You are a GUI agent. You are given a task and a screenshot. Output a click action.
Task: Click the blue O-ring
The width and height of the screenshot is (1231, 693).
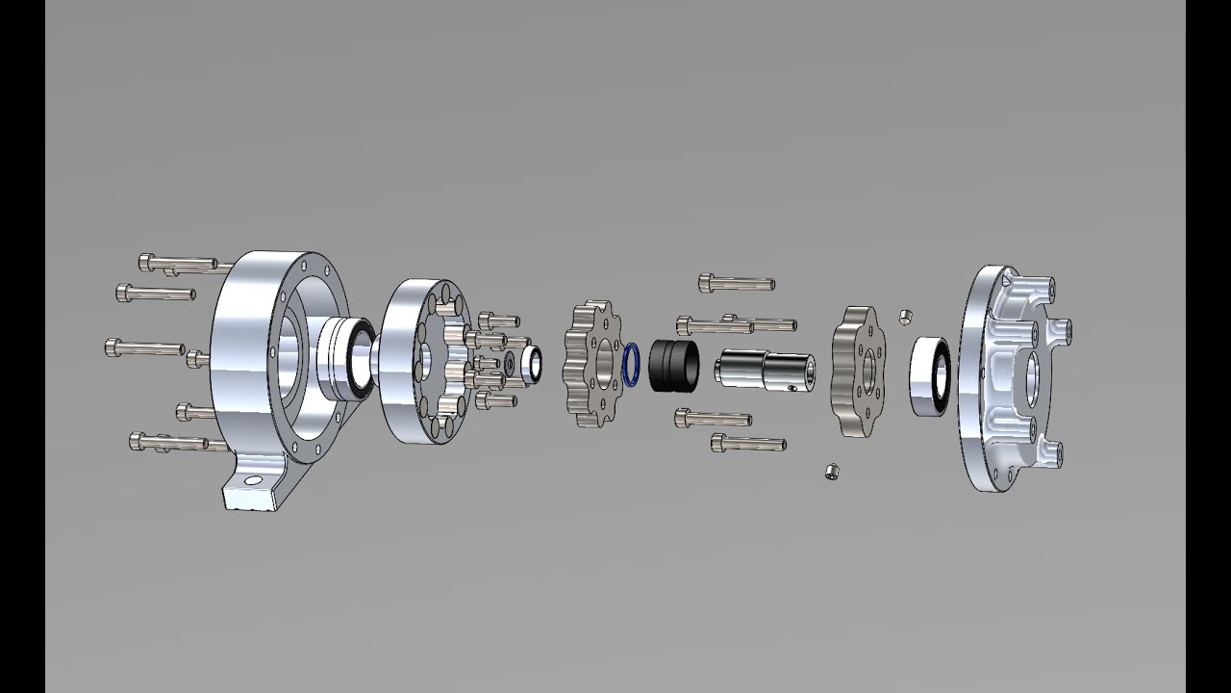point(631,365)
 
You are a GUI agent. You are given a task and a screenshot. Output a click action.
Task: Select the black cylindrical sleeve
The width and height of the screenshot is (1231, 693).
point(674,365)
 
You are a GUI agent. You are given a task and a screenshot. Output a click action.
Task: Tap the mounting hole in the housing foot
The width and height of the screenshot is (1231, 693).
point(253,480)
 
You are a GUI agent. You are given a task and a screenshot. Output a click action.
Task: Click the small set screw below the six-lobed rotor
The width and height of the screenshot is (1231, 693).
point(833,471)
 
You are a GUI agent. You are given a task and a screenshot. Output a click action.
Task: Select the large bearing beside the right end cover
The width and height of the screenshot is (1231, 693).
point(930,376)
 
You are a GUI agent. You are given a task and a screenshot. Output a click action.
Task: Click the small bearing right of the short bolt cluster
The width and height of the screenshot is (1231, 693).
point(530,363)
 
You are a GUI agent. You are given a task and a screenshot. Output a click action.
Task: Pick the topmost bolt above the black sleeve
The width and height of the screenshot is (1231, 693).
point(737,283)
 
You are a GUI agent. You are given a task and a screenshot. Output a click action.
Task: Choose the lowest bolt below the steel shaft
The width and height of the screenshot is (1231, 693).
point(748,443)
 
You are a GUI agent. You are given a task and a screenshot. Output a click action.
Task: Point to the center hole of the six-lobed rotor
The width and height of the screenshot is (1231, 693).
point(867,370)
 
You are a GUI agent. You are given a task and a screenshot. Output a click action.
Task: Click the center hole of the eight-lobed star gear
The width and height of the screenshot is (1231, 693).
point(602,366)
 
